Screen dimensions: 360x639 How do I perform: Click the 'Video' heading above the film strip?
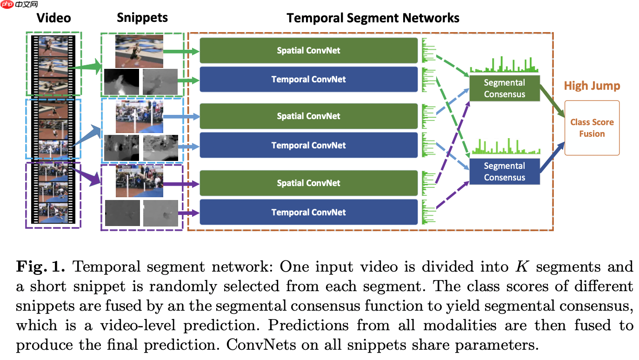[54, 18]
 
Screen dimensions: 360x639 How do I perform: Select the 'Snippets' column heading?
[142, 18]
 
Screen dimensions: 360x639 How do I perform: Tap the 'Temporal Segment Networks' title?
[373, 18]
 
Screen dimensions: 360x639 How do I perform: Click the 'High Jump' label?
[592, 86]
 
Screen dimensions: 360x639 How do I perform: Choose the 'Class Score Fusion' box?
[592, 128]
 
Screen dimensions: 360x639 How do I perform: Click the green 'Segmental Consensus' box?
[504, 88]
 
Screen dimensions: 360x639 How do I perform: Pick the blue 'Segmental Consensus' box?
[504, 172]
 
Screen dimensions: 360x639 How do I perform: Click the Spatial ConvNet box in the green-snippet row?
[309, 51]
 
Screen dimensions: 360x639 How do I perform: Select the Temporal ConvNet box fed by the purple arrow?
[309, 212]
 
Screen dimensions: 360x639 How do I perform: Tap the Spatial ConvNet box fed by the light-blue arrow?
[309, 116]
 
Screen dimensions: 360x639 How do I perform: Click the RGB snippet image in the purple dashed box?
[140, 180]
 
